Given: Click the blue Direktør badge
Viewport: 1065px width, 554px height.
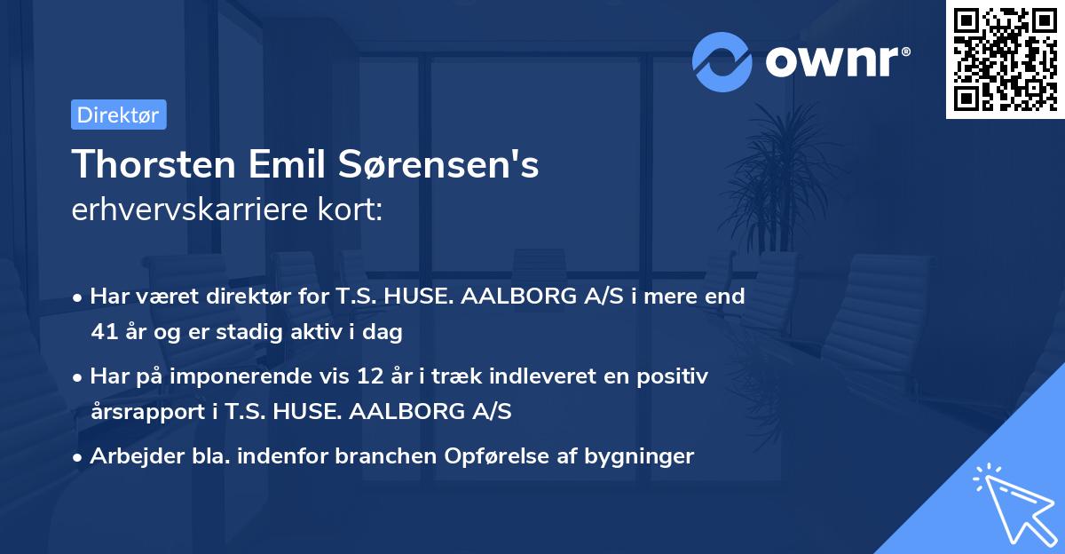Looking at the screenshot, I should pos(118,115).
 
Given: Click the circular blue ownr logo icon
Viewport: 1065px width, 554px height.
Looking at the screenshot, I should pos(722,61).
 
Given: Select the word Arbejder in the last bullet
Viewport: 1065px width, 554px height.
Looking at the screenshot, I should pos(129,456).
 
